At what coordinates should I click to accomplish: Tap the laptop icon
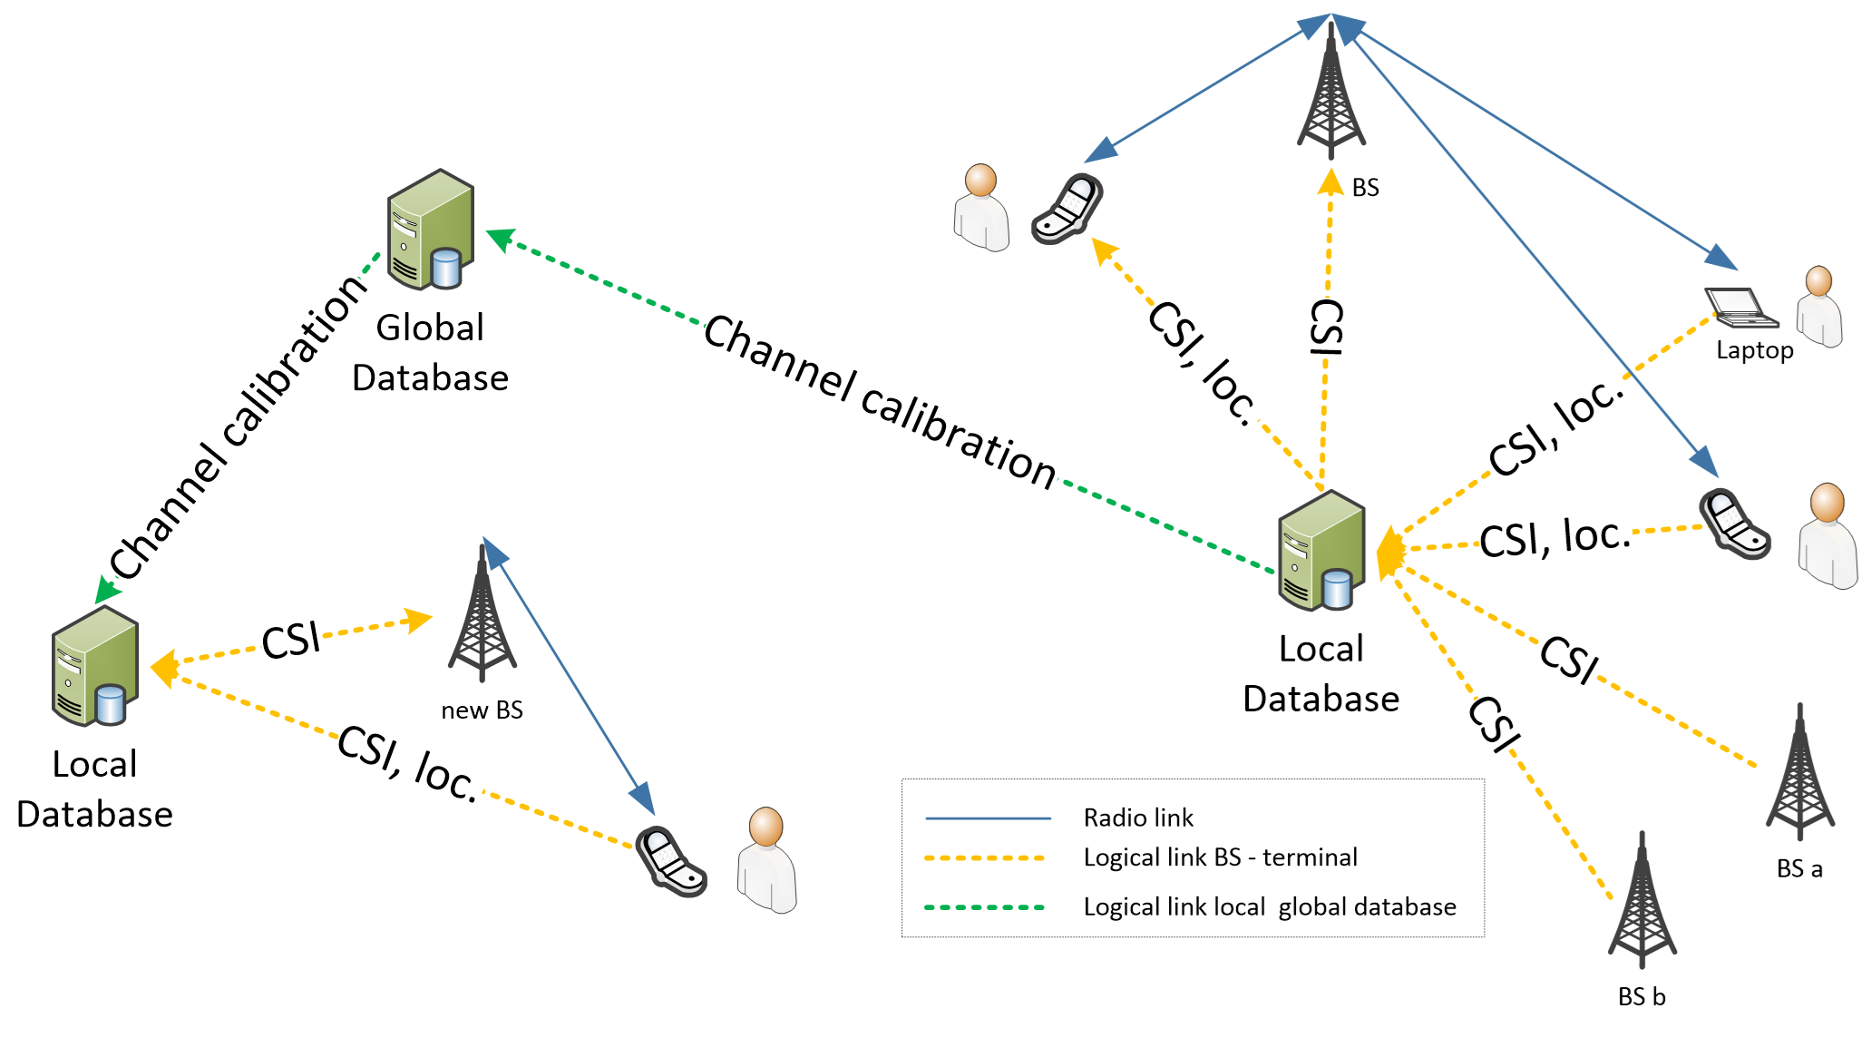pyautogui.click(x=1740, y=308)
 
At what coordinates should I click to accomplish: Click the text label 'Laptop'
pyautogui.click(x=1754, y=350)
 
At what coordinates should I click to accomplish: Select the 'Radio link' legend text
pyautogui.click(x=1138, y=818)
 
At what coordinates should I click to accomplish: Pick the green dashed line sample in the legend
pyautogui.click(x=984, y=907)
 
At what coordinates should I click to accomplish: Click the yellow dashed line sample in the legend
pyautogui.click(x=984, y=858)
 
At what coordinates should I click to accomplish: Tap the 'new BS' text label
pyautogui.click(x=482, y=710)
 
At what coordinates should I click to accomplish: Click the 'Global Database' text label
pyautogui.click(x=430, y=353)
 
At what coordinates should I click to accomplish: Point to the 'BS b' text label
pyautogui.click(x=1642, y=997)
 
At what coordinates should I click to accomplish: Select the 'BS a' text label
pyautogui.click(x=1799, y=869)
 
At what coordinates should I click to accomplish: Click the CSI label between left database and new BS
pyautogui.click(x=291, y=640)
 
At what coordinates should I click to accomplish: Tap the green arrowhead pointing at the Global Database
pyautogui.click(x=500, y=239)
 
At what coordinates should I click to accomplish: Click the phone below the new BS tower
pyautogui.click(x=670, y=861)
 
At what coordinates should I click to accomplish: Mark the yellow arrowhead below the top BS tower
pyautogui.click(x=1330, y=181)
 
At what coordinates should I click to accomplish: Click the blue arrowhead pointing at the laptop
pyautogui.click(x=1720, y=258)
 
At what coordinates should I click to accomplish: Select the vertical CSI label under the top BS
pyautogui.click(x=1327, y=327)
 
